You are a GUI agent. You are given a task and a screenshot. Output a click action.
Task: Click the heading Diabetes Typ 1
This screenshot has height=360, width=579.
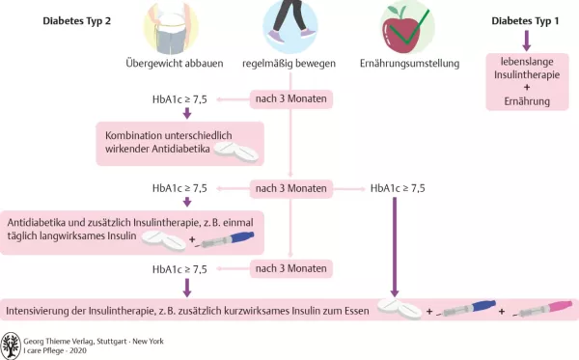pyautogui.click(x=525, y=18)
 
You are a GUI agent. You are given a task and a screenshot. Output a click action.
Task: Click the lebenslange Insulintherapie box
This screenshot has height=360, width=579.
pyautogui.click(x=526, y=82)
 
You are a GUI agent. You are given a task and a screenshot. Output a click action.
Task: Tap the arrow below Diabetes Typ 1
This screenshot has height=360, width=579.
pyautogui.click(x=526, y=40)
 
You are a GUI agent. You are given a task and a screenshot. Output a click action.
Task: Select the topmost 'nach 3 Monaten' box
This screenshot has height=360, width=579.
pyautogui.click(x=290, y=99)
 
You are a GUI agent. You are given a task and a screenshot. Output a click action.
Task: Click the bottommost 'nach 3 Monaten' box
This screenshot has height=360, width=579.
pyautogui.click(x=290, y=267)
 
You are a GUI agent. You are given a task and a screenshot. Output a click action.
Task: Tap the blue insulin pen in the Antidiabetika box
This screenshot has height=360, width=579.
pyautogui.click(x=227, y=236)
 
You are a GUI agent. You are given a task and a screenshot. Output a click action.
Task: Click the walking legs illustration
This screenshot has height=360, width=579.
pyautogui.click(x=290, y=24)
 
